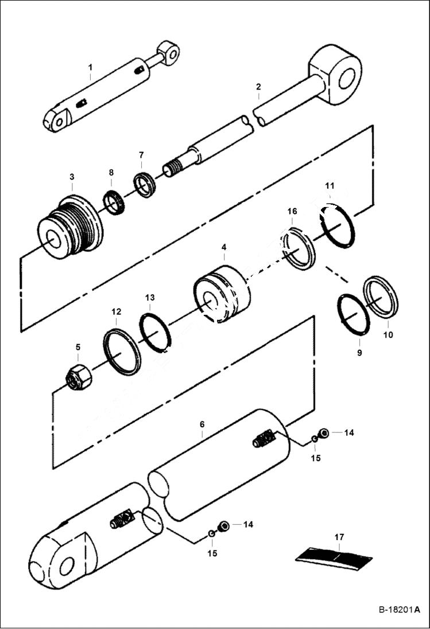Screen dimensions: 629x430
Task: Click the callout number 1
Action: [x=90, y=68]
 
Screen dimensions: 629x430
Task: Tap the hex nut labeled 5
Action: [x=79, y=377]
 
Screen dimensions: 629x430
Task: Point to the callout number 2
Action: [x=258, y=87]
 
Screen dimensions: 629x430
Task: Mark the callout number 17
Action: [x=339, y=537]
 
